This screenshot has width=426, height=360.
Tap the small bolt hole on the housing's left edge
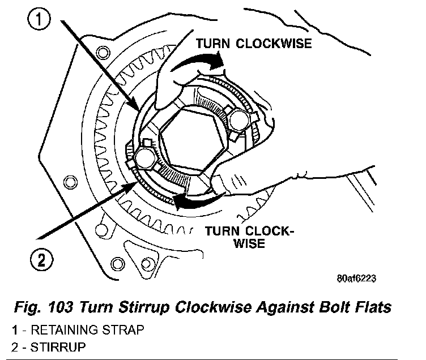(70, 182)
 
